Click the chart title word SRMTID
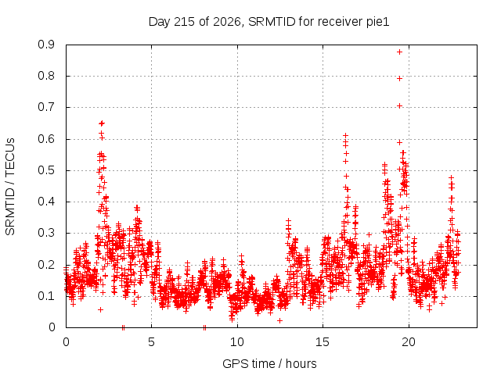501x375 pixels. pyautogui.click(x=272, y=22)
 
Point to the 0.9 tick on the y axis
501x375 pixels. pyautogui.click(x=46, y=45)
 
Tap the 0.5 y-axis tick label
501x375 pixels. pyautogui.click(x=46, y=170)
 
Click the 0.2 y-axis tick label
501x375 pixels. pyautogui.click(x=46, y=265)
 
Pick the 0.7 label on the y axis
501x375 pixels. pyautogui.click(x=46, y=107)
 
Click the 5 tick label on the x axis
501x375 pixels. pyautogui.click(x=151, y=342)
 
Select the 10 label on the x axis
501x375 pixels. pyautogui.click(x=236, y=342)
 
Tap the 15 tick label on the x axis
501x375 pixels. pyautogui.click(x=323, y=342)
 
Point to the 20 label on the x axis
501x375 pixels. pyautogui.click(x=408, y=342)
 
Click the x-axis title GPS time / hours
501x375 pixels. pyautogui.click(x=269, y=364)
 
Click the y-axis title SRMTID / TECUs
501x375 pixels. pyautogui.click(x=10, y=187)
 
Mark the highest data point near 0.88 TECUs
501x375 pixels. pyautogui.click(x=399, y=52)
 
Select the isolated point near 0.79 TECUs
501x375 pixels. pyautogui.click(x=399, y=78)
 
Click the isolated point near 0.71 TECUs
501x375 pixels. pyautogui.click(x=399, y=106)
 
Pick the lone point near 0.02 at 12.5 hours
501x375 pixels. pyautogui.click(x=280, y=320)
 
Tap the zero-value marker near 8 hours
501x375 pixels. pyautogui.click(x=204, y=327)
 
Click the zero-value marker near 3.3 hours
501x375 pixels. pyautogui.click(x=123, y=327)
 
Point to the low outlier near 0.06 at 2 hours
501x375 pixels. pyautogui.click(x=101, y=309)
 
